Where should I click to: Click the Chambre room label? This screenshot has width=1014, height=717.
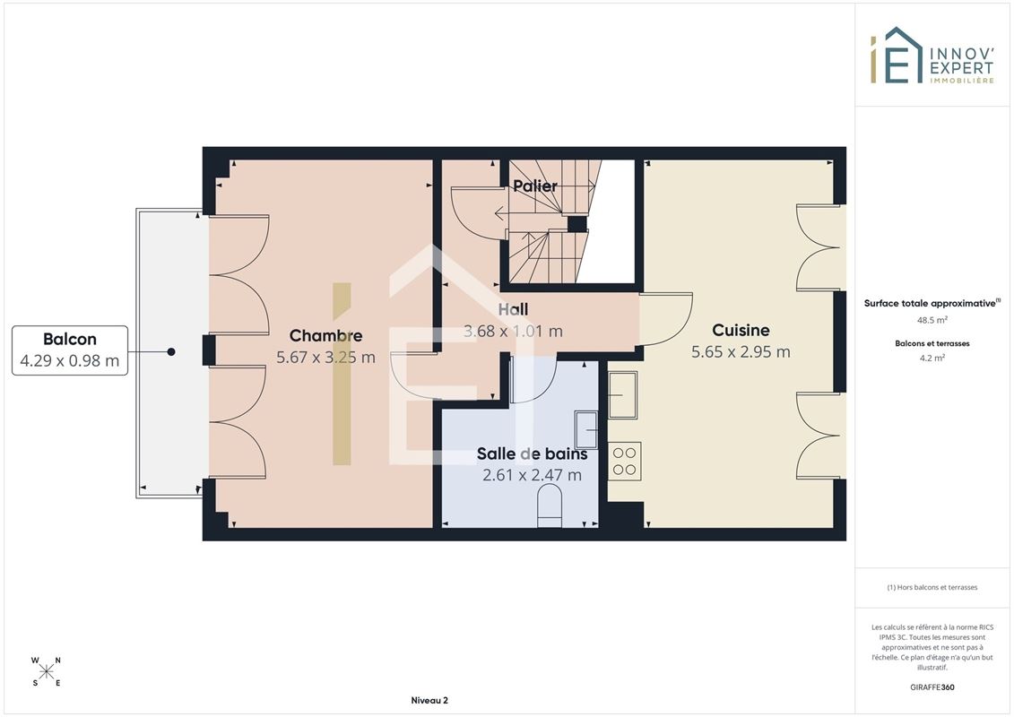326,335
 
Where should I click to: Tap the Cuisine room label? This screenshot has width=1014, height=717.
741,331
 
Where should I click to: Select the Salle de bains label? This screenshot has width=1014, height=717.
533,454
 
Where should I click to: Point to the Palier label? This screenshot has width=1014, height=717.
535,186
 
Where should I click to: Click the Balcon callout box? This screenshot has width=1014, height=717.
70,350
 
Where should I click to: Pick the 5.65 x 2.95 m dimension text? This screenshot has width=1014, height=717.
741,351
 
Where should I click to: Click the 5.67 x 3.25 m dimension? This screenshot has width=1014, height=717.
326,357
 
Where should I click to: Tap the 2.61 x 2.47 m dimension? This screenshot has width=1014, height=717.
533,475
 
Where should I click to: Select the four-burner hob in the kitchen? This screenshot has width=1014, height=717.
625,461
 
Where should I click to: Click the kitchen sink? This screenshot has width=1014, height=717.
623,395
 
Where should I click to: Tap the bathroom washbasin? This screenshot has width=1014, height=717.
585,429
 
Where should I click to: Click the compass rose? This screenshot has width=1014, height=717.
46,671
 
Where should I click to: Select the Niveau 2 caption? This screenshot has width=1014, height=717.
429,700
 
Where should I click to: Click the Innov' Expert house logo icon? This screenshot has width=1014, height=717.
897,56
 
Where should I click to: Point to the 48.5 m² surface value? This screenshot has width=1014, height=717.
932,319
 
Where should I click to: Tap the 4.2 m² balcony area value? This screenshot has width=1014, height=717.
932,358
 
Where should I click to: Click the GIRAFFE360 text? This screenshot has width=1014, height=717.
932,687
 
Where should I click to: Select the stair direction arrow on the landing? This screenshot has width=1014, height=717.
500,212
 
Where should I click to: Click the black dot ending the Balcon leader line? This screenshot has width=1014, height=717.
171,351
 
